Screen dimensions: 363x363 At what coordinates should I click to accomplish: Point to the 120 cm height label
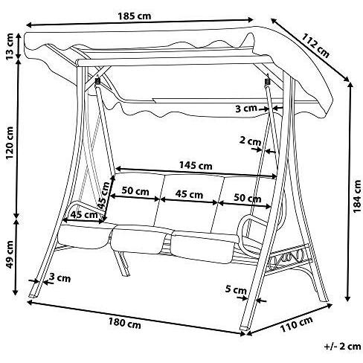pos(9,141)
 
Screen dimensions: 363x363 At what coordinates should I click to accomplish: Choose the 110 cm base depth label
pos(297,325)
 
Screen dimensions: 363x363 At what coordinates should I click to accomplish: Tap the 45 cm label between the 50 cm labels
pos(191,195)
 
